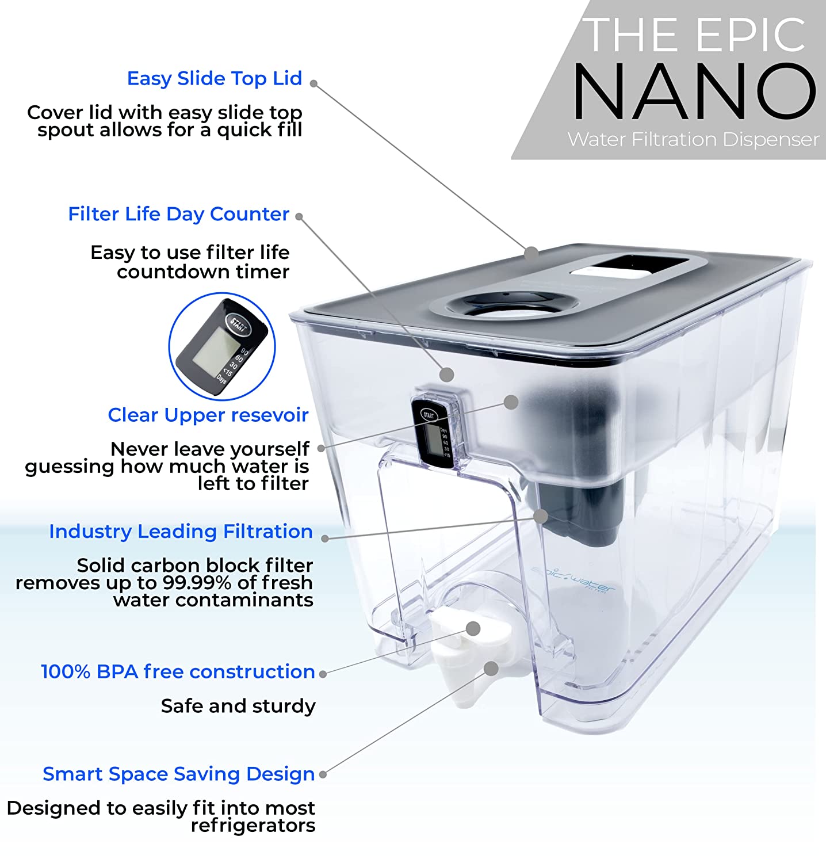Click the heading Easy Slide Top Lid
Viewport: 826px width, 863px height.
tap(215, 78)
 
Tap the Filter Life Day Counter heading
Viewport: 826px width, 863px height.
tap(178, 214)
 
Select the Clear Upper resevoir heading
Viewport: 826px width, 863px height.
tap(208, 415)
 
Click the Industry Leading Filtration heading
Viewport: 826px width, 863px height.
tap(181, 532)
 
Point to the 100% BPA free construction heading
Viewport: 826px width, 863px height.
tap(178, 671)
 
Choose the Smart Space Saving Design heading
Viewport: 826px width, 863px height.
tap(178, 774)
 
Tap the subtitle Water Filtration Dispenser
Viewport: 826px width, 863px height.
tap(693, 139)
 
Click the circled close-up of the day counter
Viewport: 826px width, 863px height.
tap(222, 346)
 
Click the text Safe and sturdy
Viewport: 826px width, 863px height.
tap(238, 706)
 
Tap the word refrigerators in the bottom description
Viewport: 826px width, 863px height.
tap(253, 826)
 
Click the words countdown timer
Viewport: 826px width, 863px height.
tap(203, 272)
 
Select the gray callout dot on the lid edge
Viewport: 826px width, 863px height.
tap(531, 251)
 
